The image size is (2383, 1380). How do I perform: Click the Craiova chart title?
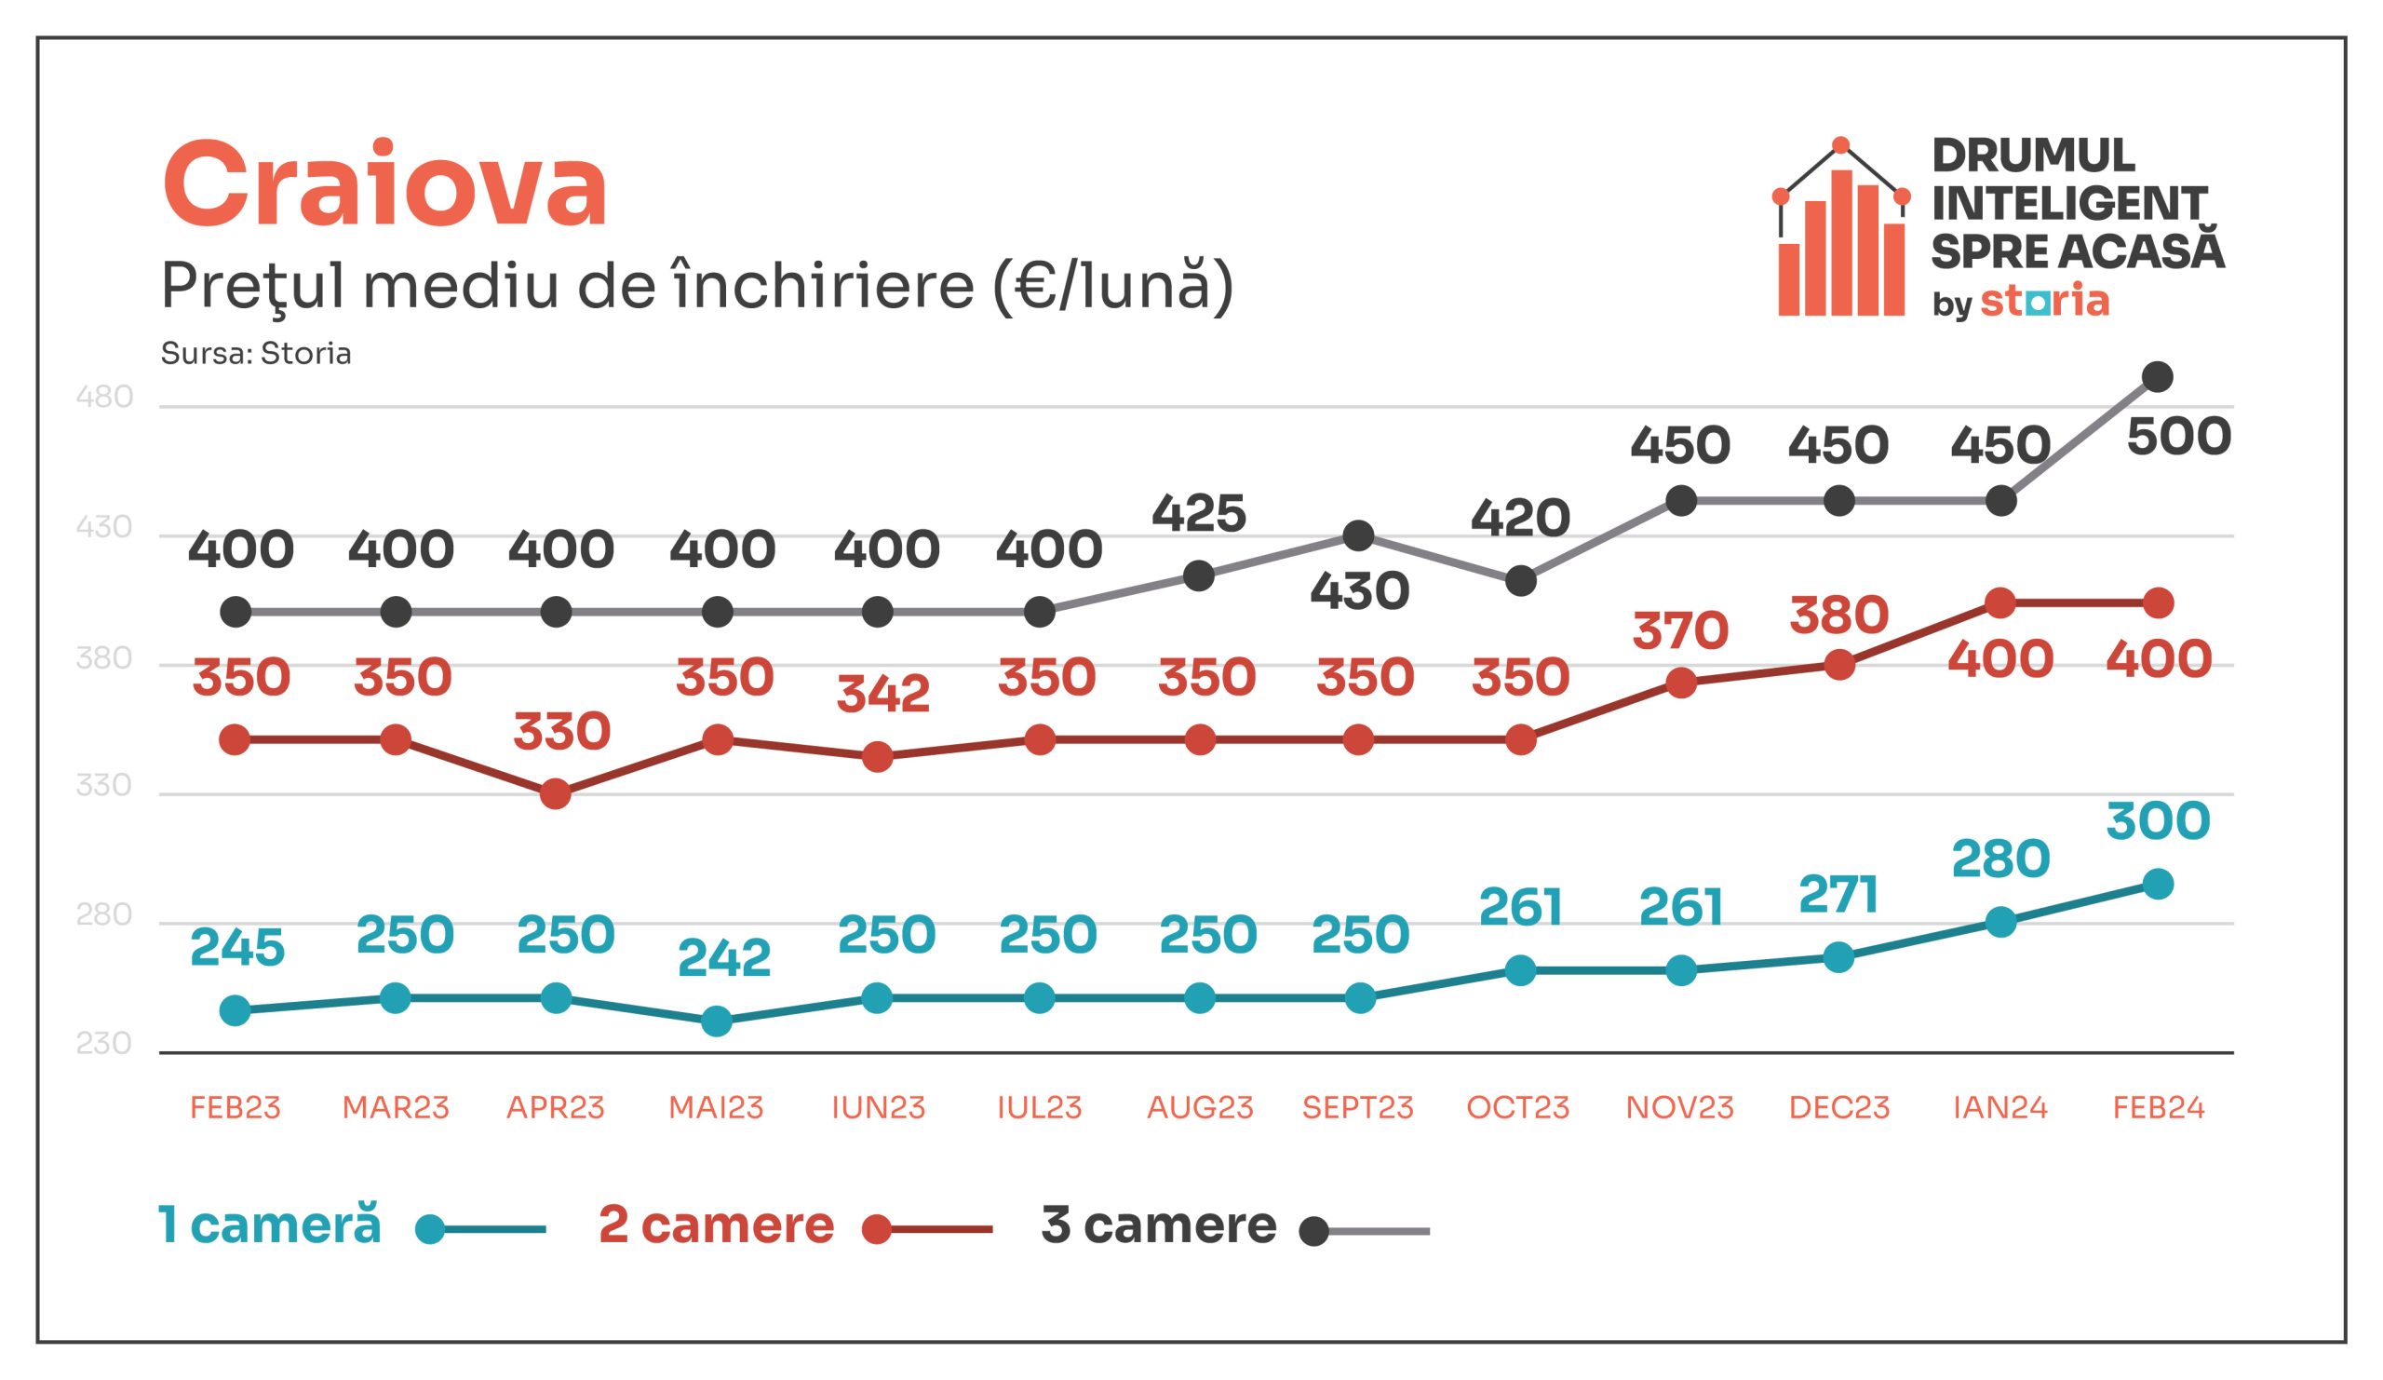pos(384,185)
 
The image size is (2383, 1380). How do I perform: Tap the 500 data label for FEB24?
pos(2179,437)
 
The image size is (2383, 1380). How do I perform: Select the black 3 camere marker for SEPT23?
pos(1358,536)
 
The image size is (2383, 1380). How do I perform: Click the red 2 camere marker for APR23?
pos(556,793)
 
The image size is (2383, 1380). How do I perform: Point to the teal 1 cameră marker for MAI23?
pos(717,1021)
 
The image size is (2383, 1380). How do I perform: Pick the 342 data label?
pos(882,696)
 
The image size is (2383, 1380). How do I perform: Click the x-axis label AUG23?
pos(1199,1107)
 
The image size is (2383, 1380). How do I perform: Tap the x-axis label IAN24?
pos(2000,1107)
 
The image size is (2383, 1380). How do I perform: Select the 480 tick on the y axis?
pos(104,398)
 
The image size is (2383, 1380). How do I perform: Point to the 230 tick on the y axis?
pos(104,1044)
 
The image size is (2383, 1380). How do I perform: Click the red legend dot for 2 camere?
pos(877,1231)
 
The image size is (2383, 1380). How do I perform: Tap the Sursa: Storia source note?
pos(255,354)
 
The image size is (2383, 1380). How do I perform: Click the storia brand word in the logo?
pos(2044,301)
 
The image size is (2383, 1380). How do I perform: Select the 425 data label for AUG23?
pos(1198,515)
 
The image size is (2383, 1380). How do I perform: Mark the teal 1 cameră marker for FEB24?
pos(2157,886)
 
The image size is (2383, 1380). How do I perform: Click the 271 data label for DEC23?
pos(1838,895)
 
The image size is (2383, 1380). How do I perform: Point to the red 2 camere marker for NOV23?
pos(1680,683)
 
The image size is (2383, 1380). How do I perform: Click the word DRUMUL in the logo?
pos(2033,156)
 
